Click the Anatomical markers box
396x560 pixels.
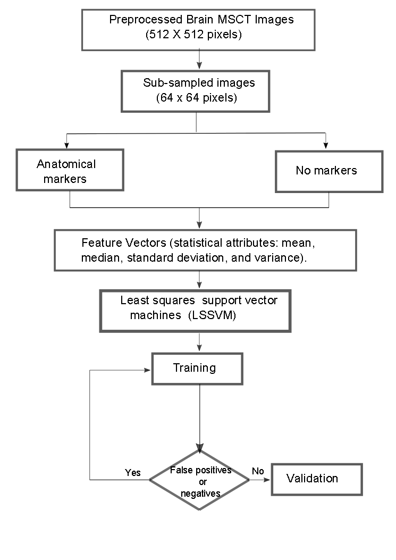(70, 170)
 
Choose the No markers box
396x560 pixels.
(328, 171)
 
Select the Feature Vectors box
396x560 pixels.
(205, 250)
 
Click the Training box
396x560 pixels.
(197, 369)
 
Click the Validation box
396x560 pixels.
(317, 479)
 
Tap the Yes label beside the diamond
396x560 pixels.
(132, 472)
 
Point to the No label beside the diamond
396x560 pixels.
(258, 471)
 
